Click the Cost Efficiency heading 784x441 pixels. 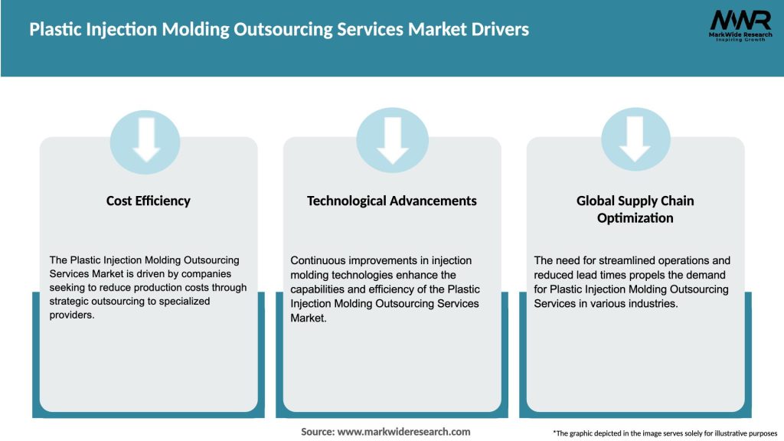click(x=148, y=201)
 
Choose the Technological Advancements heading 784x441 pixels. click(x=392, y=201)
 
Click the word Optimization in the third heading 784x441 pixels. click(x=635, y=218)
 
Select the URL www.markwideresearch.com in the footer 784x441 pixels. click(x=404, y=432)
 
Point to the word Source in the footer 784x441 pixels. click(x=317, y=432)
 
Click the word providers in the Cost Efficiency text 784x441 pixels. click(x=73, y=315)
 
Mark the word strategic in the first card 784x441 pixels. click(x=70, y=301)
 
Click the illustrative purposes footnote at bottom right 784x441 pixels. click(x=665, y=433)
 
